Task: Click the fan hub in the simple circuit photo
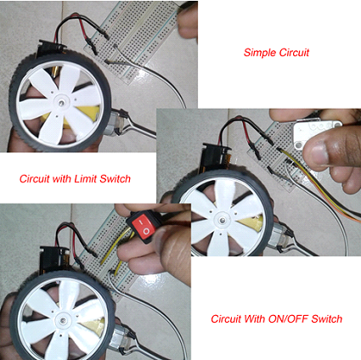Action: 61,103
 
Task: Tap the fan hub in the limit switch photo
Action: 223,219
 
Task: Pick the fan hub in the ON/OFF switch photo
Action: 64,321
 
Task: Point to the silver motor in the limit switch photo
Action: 279,237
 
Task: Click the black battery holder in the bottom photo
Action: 53,259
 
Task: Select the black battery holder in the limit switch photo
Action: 214,159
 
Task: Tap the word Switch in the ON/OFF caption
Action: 327,319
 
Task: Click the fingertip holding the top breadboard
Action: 187,21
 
